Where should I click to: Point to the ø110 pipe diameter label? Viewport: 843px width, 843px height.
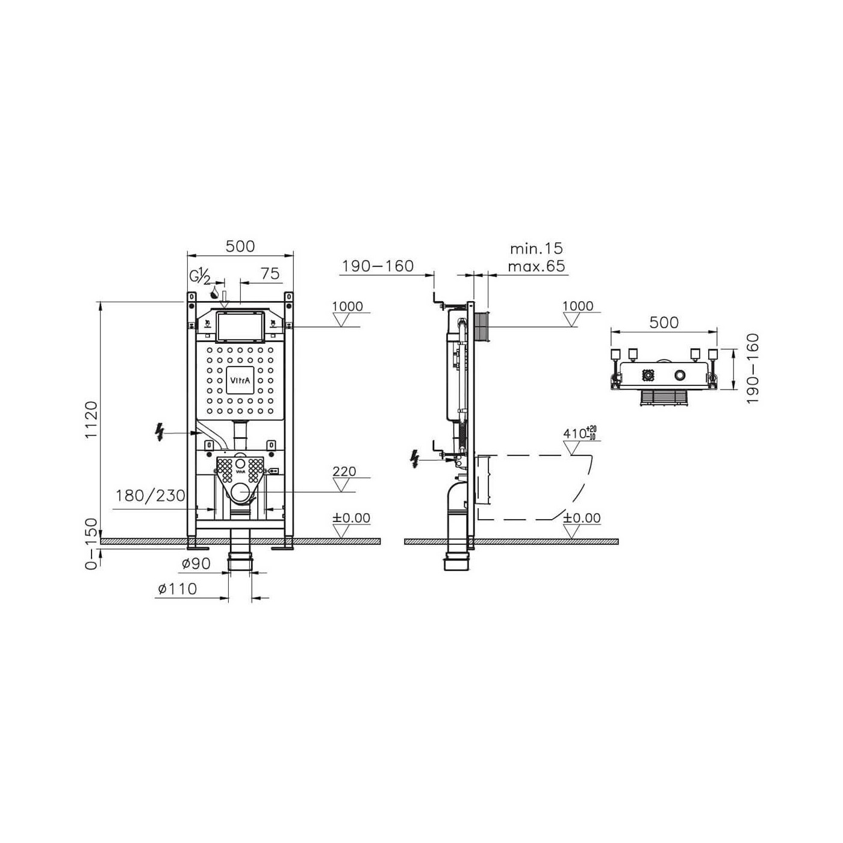tap(178, 589)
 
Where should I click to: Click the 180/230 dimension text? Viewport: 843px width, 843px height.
tap(151, 496)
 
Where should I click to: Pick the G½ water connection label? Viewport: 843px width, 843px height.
tap(200, 277)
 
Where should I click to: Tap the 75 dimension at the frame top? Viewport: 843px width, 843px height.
tap(270, 273)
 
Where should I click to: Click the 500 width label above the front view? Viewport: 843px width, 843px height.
tap(240, 246)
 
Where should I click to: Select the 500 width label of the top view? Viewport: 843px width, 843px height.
tap(664, 322)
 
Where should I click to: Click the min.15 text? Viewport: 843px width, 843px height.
tap(537, 249)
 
